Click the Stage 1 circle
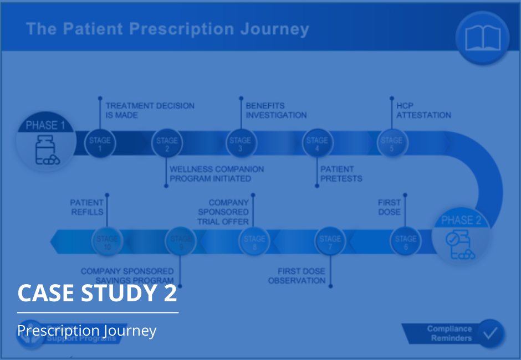click(100, 143)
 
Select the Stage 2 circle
click(167, 143)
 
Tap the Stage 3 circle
click(240, 143)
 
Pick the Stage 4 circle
click(317, 143)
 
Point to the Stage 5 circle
click(391, 143)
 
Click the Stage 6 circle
click(406, 243)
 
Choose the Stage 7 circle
click(330, 243)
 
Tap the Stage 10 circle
click(107, 243)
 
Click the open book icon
click(482, 38)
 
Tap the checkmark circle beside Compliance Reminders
click(491, 333)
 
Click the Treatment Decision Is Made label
click(150, 110)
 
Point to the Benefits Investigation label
click(276, 110)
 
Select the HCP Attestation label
click(423, 110)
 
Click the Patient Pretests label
click(341, 174)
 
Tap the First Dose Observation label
click(297, 276)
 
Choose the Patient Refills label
click(87, 207)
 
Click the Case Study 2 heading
click(98, 293)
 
